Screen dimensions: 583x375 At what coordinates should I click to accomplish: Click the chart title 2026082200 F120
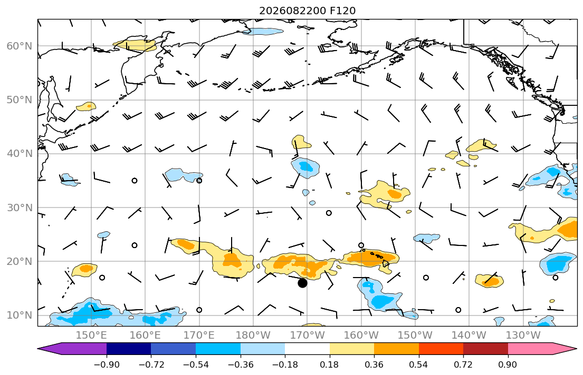[307, 11]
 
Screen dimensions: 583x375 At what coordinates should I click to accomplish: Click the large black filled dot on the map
[303, 283]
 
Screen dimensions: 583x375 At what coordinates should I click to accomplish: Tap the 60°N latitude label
[20, 46]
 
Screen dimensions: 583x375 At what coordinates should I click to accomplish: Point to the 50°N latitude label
[20, 100]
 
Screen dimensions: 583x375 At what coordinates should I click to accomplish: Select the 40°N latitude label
[20, 154]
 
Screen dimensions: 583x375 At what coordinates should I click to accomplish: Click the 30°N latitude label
[20, 208]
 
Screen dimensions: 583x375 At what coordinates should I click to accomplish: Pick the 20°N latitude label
[20, 261]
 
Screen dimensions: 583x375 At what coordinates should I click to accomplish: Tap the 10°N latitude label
[20, 315]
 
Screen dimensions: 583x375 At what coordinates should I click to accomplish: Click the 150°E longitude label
[91, 335]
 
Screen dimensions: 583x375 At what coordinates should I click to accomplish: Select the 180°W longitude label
[253, 335]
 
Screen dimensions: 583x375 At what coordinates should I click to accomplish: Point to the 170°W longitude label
[307, 335]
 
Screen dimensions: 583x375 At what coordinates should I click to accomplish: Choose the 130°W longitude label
[523, 335]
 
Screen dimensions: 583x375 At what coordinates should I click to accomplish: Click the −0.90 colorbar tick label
[107, 364]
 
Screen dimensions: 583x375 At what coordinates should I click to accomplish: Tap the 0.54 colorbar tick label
[419, 364]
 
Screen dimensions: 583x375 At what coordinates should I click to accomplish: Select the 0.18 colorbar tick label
[329, 364]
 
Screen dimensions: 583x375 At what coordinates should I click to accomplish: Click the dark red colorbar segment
[485, 349]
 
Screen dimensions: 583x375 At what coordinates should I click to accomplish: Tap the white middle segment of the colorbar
[307, 349]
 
